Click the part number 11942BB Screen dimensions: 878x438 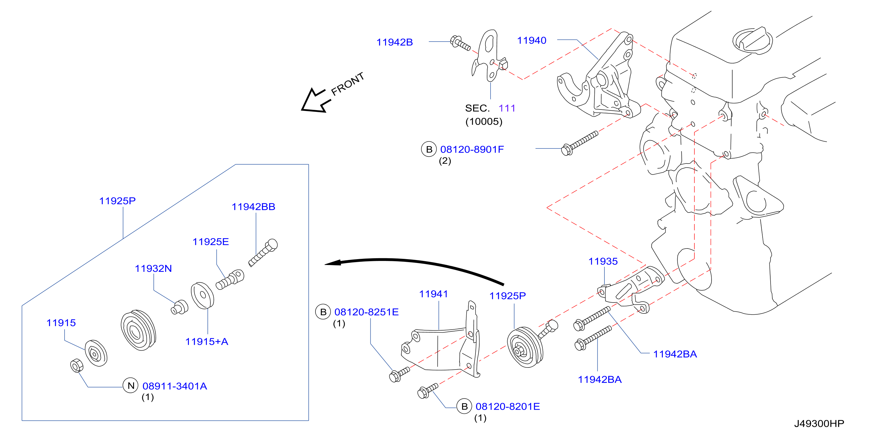tap(253, 207)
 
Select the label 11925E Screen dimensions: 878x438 tap(211, 242)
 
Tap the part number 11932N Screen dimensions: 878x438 tap(153, 269)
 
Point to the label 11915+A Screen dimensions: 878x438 tap(207, 341)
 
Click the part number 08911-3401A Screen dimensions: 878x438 tap(175, 386)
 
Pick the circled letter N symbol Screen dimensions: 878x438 tap(130, 385)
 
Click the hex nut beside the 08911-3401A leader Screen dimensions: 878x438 tap(77, 366)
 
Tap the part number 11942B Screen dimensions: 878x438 tap(395, 42)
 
